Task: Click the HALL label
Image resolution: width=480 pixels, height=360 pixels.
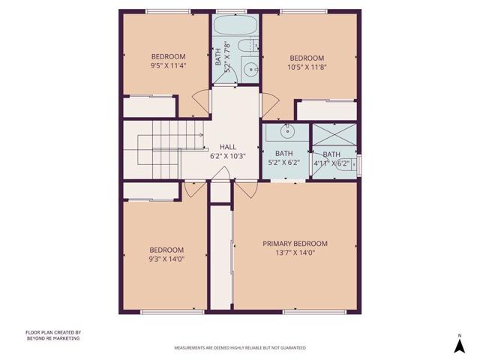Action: pyautogui.click(x=228, y=147)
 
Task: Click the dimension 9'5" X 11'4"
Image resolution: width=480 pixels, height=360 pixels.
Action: pyautogui.click(x=168, y=65)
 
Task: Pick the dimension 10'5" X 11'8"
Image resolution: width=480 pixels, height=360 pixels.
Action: pyautogui.click(x=307, y=67)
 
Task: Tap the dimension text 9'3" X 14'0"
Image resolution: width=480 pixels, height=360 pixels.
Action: pyautogui.click(x=166, y=259)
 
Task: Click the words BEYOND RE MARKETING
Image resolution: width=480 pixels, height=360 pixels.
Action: pyautogui.click(x=52, y=338)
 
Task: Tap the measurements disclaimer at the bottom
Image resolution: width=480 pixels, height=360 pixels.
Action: pyautogui.click(x=239, y=348)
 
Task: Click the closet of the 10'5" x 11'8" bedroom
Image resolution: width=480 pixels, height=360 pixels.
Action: pyautogui.click(x=326, y=111)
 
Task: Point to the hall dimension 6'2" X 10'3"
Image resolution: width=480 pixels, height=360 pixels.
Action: pyautogui.click(x=228, y=156)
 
